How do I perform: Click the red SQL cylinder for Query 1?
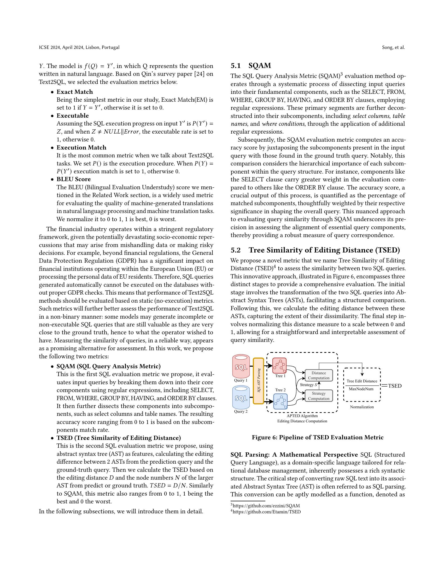[241, 366]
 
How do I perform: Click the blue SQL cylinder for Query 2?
[241, 397]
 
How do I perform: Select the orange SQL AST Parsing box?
[258, 381]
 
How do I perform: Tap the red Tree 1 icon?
[279, 365]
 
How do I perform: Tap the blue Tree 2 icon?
[281, 401]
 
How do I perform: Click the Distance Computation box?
[319, 375]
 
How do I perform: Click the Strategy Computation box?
[319, 396]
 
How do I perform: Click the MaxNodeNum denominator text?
[361, 389]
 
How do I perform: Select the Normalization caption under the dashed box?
[362, 407]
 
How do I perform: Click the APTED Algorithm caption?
[302, 416]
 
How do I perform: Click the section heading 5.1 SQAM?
[251, 66]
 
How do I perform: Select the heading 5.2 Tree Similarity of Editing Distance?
[315, 250]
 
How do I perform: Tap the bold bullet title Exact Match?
[75, 92]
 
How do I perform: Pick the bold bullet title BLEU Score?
[73, 179]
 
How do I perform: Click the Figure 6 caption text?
[318, 437]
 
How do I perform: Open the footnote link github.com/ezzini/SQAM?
[266, 505]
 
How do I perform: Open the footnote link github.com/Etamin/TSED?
[266, 512]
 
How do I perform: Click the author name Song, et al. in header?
[393, 47]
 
